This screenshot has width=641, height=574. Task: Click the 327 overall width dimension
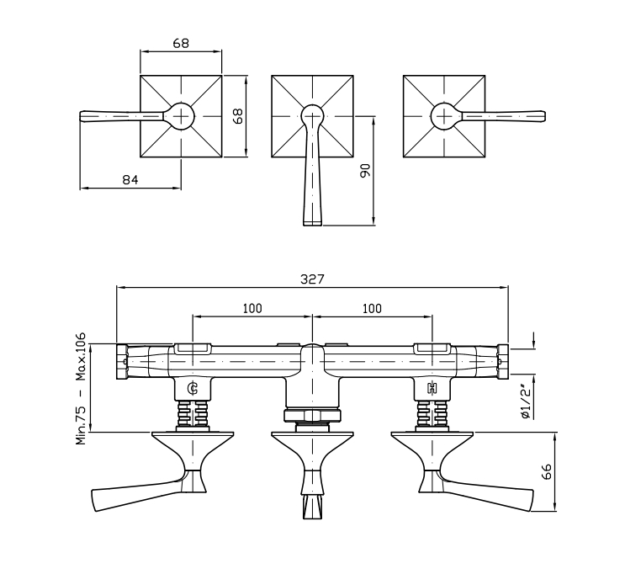click(x=312, y=279)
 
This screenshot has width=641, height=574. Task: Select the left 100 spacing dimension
click(x=252, y=308)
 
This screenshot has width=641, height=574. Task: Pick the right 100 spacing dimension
click(x=372, y=308)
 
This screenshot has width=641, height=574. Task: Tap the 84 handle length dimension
click(x=130, y=179)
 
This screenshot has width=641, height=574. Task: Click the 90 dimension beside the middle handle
click(x=365, y=170)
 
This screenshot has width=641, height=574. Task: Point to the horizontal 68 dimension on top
click(x=181, y=43)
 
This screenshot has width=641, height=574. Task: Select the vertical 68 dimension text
click(x=237, y=116)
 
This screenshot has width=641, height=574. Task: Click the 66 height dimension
click(x=547, y=471)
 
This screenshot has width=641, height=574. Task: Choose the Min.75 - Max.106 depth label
click(x=81, y=389)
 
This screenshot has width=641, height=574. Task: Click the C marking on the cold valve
click(x=193, y=389)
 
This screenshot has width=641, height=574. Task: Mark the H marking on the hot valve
click(x=432, y=388)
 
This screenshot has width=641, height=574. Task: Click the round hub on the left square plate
click(x=181, y=116)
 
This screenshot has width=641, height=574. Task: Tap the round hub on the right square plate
click(x=444, y=116)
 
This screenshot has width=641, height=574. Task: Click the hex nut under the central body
click(x=312, y=416)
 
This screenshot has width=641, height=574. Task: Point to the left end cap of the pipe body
click(x=121, y=362)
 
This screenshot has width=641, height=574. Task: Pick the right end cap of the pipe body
click(x=503, y=362)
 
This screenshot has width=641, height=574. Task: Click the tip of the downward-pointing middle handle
click(x=312, y=223)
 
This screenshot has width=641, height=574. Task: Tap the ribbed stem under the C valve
click(x=193, y=413)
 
